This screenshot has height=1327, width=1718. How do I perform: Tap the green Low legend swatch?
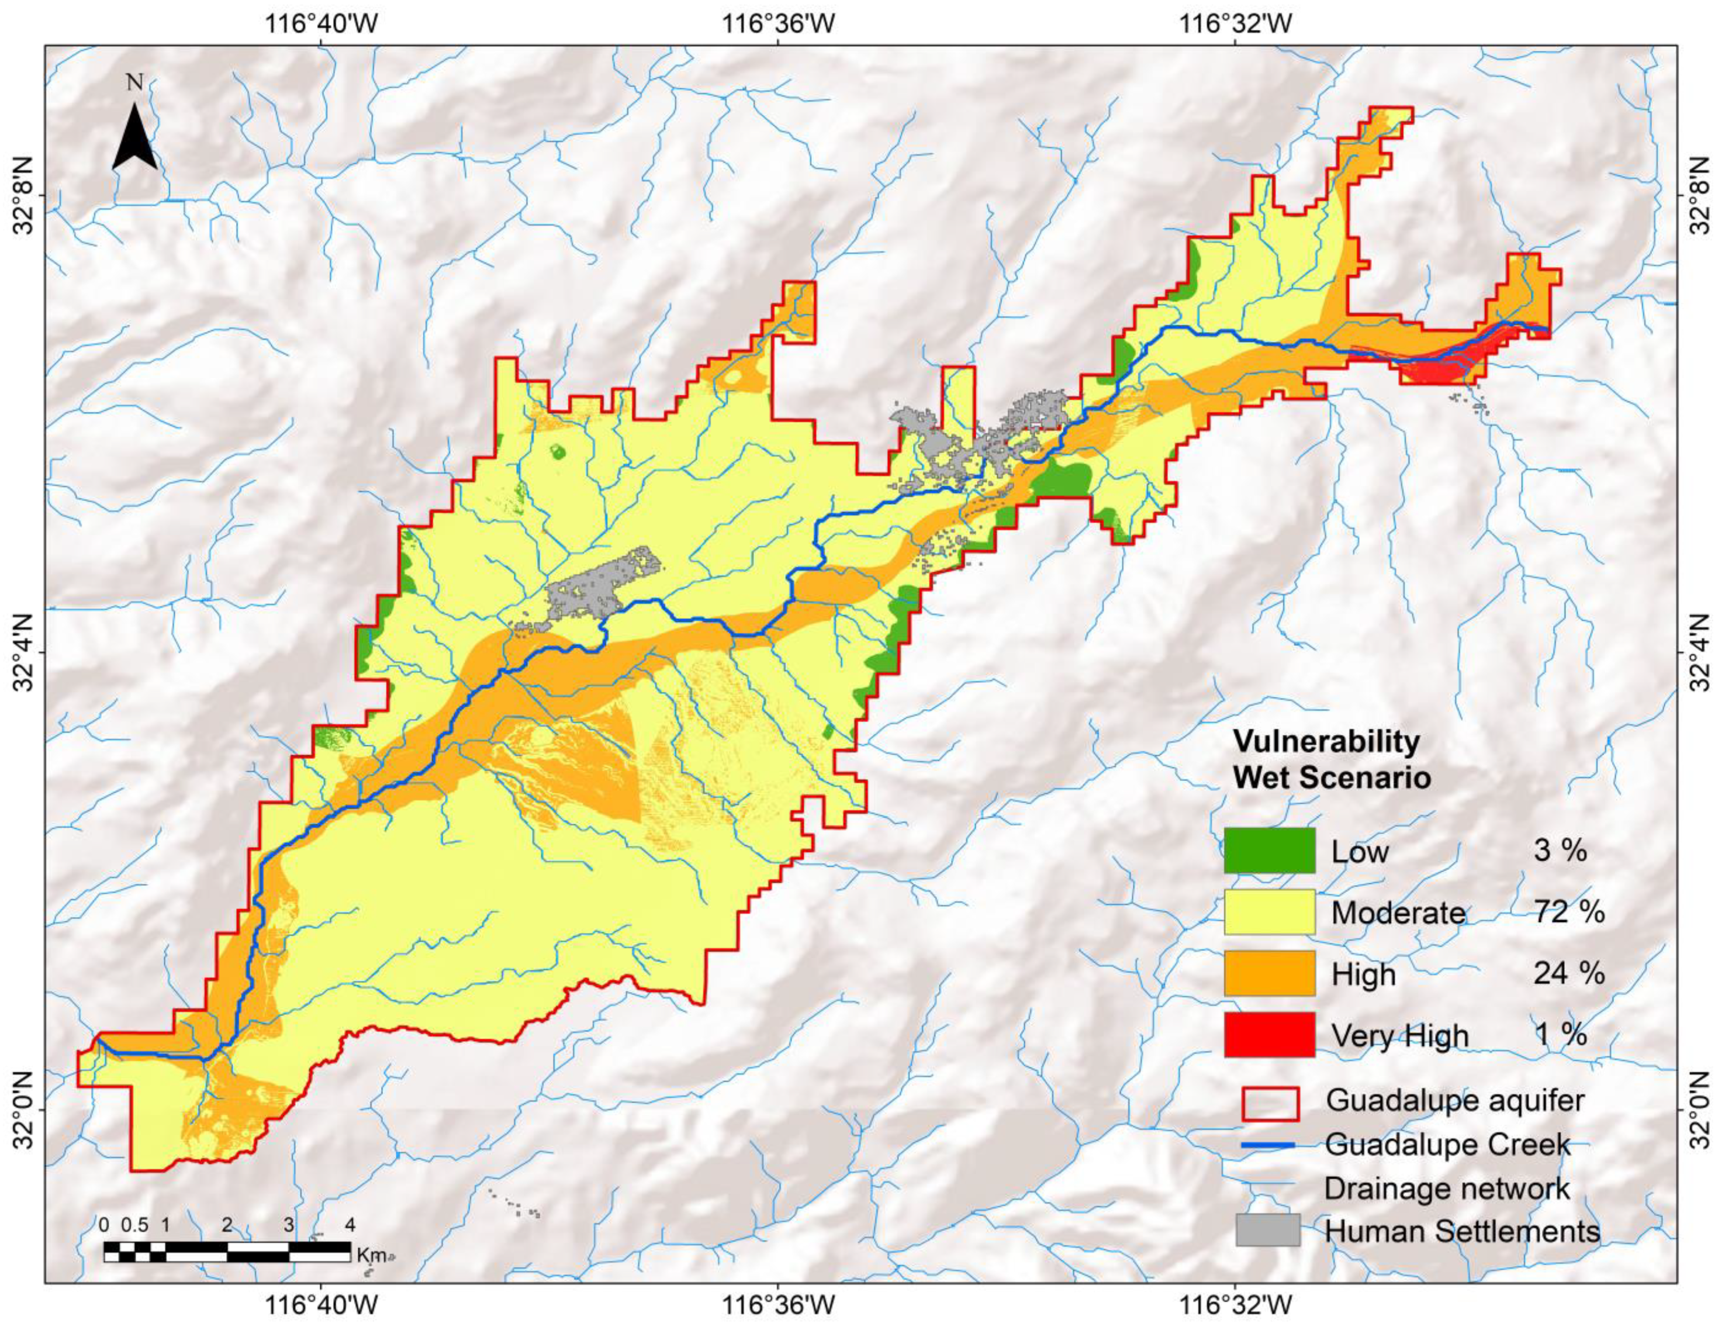pos(1269,851)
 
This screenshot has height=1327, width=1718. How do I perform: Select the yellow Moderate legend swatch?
pos(1269,912)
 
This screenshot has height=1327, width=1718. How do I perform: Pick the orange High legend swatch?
pos(1269,973)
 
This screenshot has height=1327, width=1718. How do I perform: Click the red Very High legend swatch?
pos(1269,1034)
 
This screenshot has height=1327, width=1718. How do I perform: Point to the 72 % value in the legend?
pos(1568,912)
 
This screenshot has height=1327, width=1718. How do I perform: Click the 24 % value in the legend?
pos(1568,973)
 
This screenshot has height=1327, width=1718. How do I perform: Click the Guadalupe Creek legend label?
pos(1447,1145)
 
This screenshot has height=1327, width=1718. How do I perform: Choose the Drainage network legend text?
pos(1447,1188)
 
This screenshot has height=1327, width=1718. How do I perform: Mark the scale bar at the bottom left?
pos(227,1252)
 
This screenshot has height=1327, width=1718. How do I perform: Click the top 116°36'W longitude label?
pos(778,25)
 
